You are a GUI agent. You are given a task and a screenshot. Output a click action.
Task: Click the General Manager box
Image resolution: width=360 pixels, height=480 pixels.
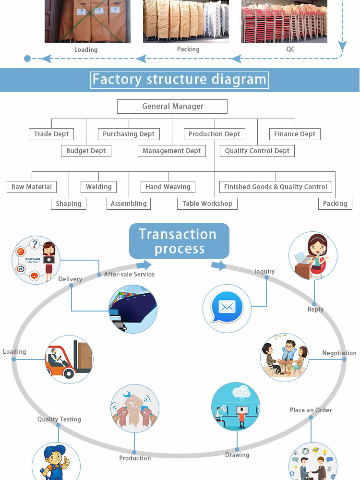click(x=173, y=107)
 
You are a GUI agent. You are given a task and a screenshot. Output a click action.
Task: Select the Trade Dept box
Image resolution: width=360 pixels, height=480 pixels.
click(x=51, y=134)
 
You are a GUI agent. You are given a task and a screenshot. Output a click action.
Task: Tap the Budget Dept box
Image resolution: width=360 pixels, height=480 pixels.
click(x=86, y=151)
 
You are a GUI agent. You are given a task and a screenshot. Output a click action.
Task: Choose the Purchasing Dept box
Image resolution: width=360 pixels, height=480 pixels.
click(x=129, y=134)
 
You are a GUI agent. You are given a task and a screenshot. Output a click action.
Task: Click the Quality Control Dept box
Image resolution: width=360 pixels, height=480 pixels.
click(x=257, y=151)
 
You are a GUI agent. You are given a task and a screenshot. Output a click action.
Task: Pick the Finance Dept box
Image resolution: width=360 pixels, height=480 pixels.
click(x=295, y=134)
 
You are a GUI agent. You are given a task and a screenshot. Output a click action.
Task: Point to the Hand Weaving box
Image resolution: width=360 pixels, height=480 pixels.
click(x=168, y=187)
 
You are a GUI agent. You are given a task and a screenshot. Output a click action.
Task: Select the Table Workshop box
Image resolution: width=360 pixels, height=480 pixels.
click(x=207, y=204)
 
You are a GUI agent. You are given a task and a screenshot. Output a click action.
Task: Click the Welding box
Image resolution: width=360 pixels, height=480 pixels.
click(x=99, y=187)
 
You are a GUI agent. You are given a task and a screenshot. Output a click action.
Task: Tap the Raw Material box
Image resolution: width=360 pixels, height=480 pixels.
click(x=32, y=187)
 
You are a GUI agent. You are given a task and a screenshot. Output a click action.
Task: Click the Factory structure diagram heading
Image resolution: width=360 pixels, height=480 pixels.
click(x=180, y=79)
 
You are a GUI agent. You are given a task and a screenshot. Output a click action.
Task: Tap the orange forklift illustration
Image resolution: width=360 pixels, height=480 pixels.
click(x=69, y=359)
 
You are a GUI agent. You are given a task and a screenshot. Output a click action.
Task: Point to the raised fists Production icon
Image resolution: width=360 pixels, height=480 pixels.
click(x=134, y=408)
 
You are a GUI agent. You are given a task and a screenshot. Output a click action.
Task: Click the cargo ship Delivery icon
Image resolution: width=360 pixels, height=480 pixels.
click(x=133, y=309)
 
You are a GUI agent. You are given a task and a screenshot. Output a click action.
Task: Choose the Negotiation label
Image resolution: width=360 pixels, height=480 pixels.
click(x=339, y=353)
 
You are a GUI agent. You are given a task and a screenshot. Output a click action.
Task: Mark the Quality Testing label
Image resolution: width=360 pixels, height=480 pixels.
click(x=59, y=419)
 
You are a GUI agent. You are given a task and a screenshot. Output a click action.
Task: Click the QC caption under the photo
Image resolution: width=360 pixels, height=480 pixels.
click(x=290, y=49)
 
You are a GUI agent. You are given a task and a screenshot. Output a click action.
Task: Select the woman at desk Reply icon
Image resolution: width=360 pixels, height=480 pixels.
click(x=313, y=256)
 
